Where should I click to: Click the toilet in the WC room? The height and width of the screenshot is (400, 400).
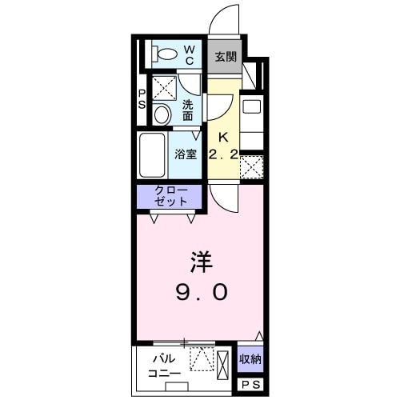pyautogui.click(x=166, y=55)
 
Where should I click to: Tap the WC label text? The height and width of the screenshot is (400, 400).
pyautogui.click(x=191, y=54)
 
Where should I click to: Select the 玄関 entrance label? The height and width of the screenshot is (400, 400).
pyautogui.click(x=226, y=57)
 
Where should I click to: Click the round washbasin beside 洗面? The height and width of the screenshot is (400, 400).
pyautogui.click(x=162, y=114)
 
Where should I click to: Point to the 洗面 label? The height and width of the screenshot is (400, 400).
pyautogui.click(x=187, y=110)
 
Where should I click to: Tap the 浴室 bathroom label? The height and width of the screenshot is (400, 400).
pyautogui.click(x=186, y=154)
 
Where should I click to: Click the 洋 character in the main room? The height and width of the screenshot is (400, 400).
pyautogui.click(x=200, y=262)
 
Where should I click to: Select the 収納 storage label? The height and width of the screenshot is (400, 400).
pyautogui.click(x=250, y=360)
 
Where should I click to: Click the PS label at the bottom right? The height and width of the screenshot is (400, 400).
pyautogui.click(x=250, y=386)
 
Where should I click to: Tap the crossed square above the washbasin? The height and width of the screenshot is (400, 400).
pyautogui.click(x=164, y=86)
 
